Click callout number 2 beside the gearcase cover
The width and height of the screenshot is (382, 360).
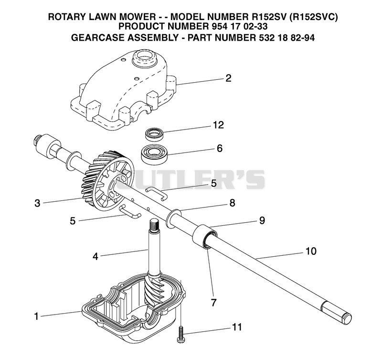228,78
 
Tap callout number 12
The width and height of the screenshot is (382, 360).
218,125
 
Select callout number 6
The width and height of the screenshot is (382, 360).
220,148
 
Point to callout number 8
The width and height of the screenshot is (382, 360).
232,203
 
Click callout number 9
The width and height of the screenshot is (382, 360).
262,220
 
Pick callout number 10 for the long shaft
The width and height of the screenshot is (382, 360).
311,251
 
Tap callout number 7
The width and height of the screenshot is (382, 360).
213,303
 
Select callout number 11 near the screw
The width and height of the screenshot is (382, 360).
236,327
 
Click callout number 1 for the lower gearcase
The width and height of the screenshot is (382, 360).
36,316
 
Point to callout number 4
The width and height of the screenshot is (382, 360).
95,256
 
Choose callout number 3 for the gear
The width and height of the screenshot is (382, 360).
37,203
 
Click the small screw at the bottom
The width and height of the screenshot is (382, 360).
181,335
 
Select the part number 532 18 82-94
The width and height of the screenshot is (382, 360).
286,38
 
